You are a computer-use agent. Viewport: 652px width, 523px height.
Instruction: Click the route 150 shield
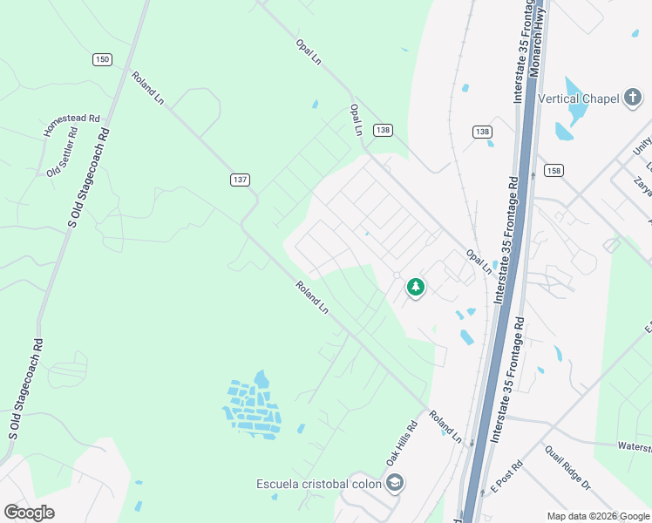(x=103, y=59)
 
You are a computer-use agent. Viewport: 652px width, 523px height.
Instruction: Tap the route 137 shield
(x=241, y=180)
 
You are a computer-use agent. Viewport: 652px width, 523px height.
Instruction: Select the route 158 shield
(x=554, y=170)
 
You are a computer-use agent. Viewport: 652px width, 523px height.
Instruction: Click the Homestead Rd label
(x=72, y=125)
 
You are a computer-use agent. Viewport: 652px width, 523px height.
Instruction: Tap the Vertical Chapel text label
(x=578, y=98)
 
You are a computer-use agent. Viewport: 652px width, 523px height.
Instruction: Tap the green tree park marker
(x=416, y=286)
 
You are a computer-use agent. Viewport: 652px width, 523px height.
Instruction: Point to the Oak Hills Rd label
(x=402, y=444)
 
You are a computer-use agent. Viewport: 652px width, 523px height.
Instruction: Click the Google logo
(x=29, y=512)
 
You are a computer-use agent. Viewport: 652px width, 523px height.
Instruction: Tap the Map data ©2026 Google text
(x=598, y=516)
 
